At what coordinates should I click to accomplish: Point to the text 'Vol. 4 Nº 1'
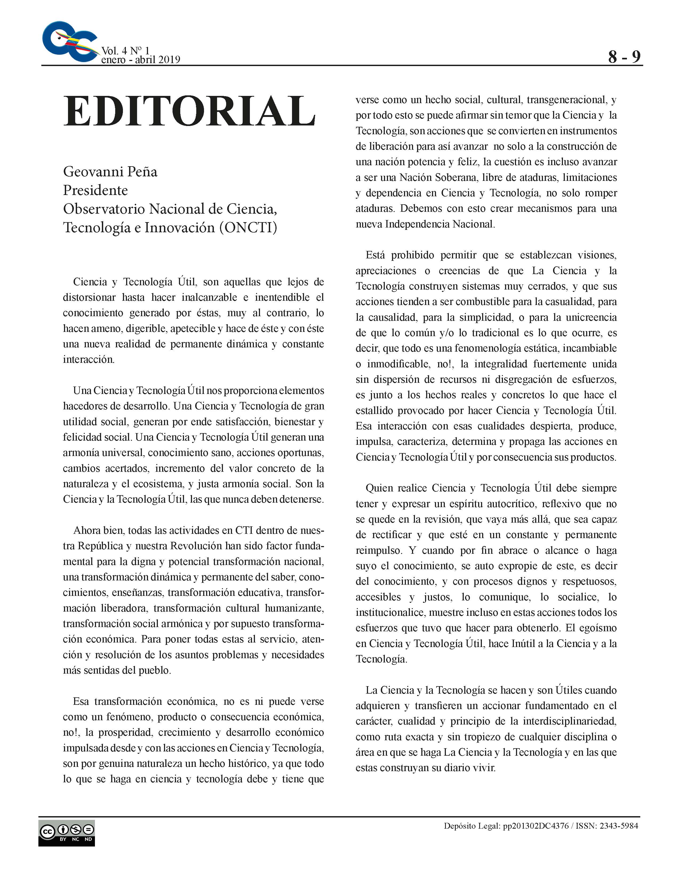tap(125, 51)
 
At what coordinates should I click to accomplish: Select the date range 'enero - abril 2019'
tap(141, 60)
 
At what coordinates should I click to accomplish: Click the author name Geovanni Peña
tap(110, 172)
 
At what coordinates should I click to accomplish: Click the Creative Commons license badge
tap(66, 833)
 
